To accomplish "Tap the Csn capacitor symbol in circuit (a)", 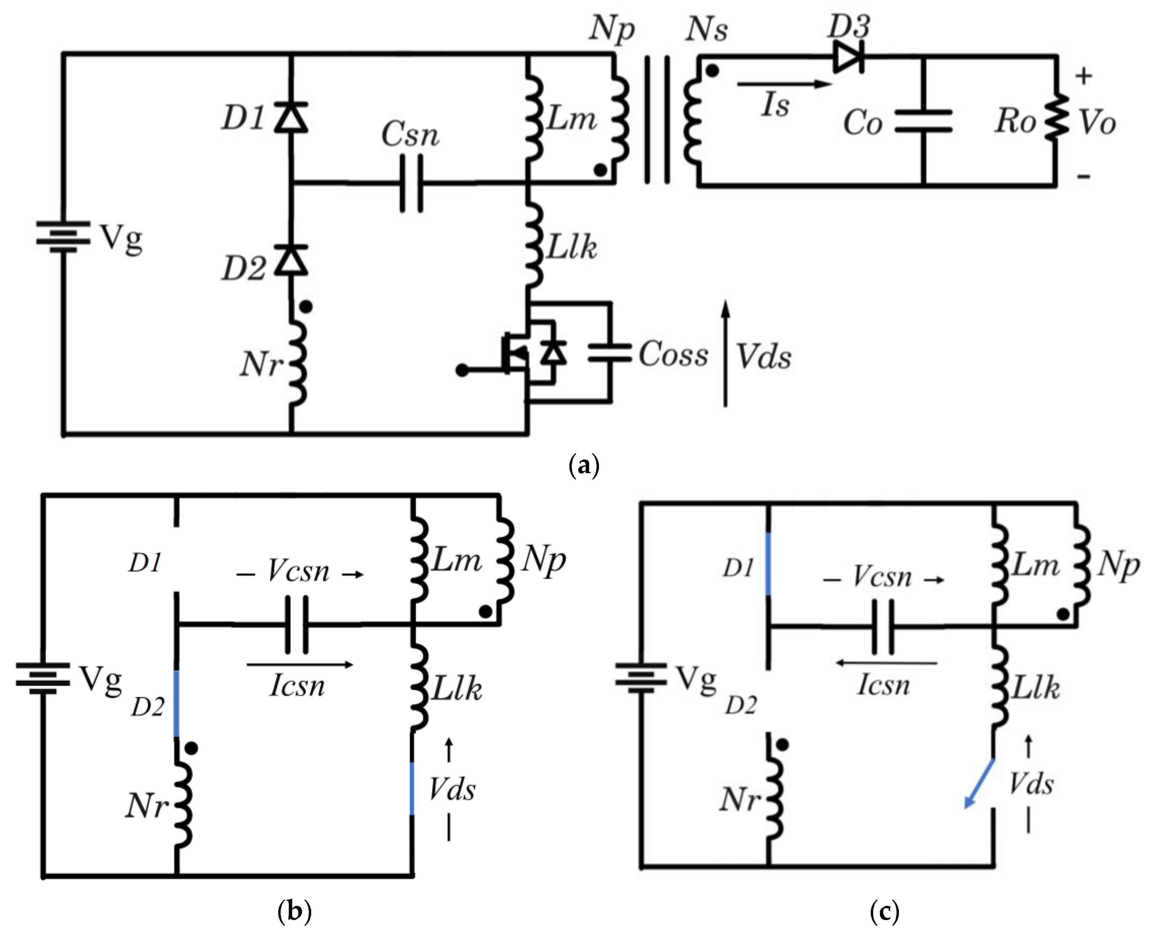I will pyautogui.click(x=411, y=184).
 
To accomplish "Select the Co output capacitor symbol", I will pyautogui.click(x=923, y=122).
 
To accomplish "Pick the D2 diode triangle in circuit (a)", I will pyautogui.click(x=291, y=261).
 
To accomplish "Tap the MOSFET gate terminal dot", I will pyautogui.click(x=461, y=370).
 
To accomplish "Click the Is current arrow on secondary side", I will pyautogui.click(x=783, y=84).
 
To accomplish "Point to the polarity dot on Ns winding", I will pyautogui.click(x=711, y=71).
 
